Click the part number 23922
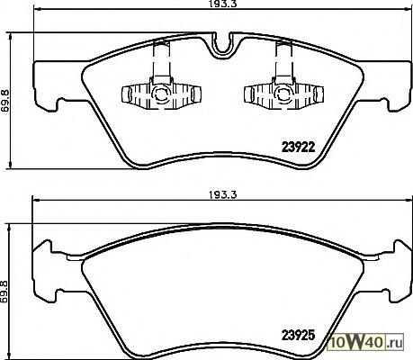(299, 147)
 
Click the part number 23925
(299, 335)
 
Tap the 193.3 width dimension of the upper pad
(222, 4)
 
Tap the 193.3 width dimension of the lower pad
(222, 195)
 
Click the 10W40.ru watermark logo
(366, 342)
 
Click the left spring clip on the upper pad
(162, 92)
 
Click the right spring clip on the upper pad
(284, 92)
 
